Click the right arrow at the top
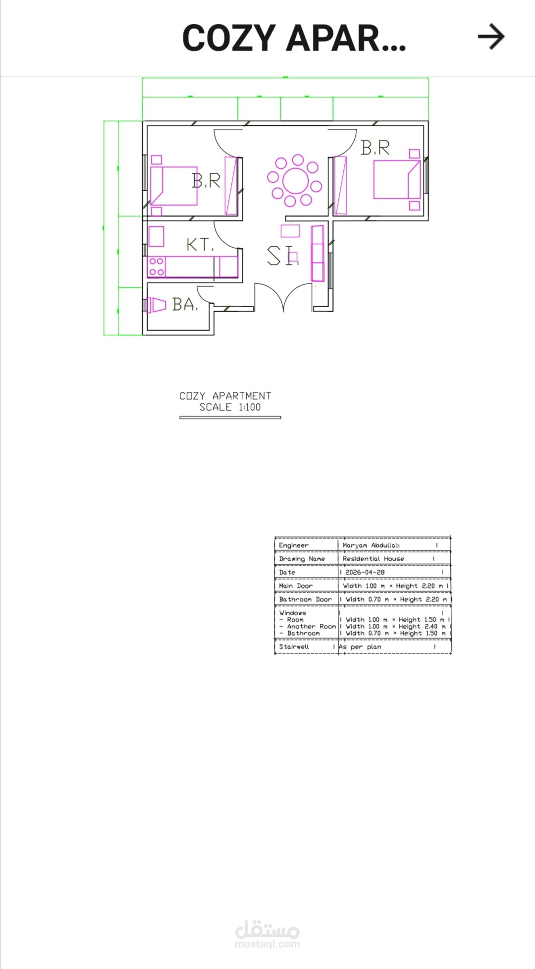point(491,37)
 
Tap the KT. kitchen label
point(200,244)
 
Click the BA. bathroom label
point(185,304)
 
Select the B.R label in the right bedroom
point(375,147)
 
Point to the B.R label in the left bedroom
point(206,181)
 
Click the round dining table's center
point(295,181)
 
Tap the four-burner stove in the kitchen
point(156,267)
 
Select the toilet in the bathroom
point(156,305)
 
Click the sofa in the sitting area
point(317,253)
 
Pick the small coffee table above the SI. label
point(290,230)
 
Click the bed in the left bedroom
point(174,186)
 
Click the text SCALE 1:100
point(230,407)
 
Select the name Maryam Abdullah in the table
point(371,545)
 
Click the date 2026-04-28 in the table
point(365,572)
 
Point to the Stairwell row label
point(294,646)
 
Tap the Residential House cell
point(374,559)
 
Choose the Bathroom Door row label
point(305,599)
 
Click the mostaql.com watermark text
point(267,944)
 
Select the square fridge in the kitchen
point(156,236)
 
